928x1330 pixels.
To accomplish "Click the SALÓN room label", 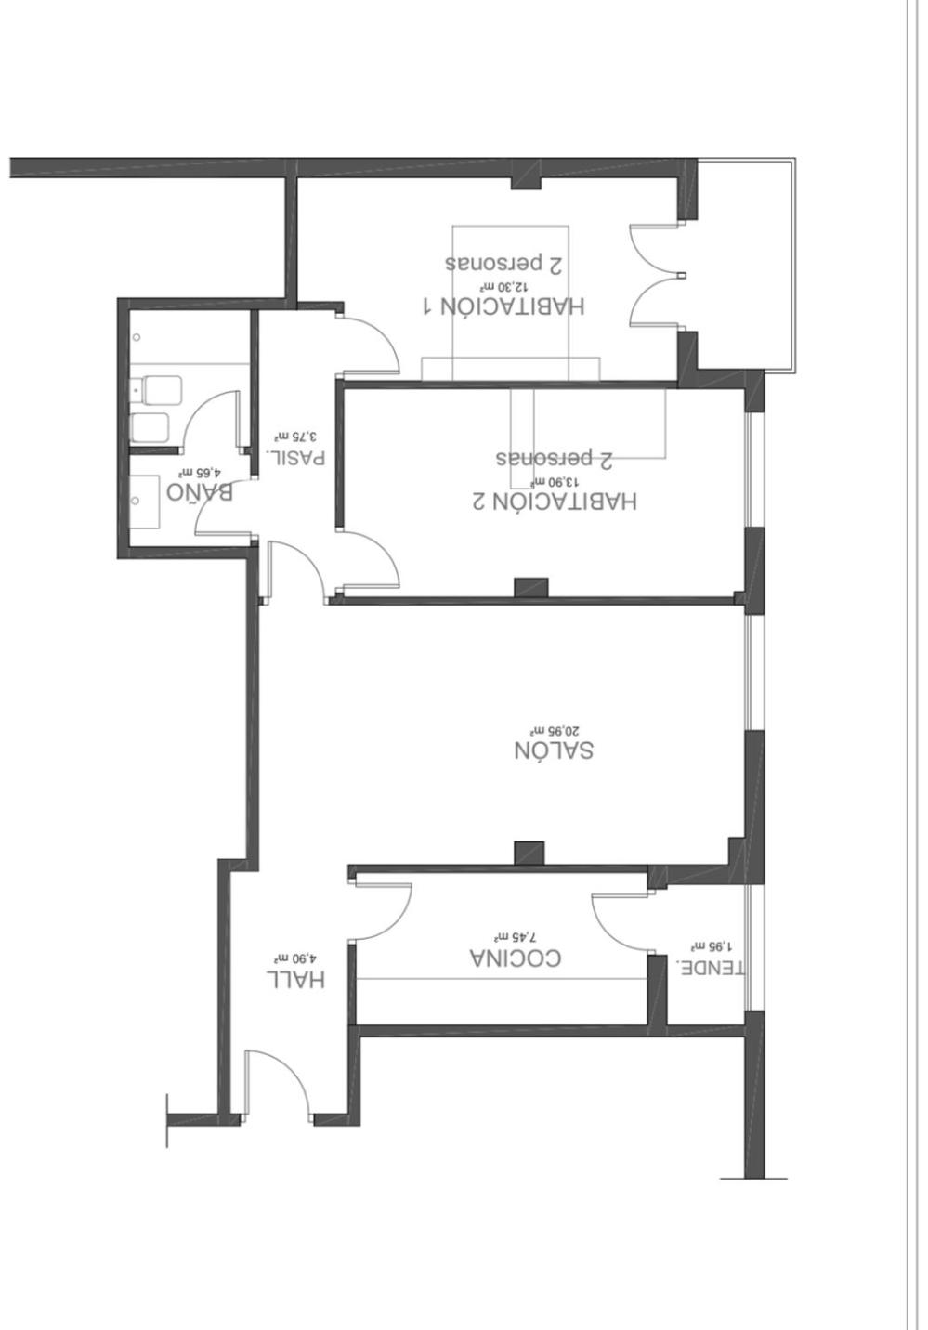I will click(554, 750).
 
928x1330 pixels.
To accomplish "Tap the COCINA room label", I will click(516, 958).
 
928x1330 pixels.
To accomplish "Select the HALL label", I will click(295, 978).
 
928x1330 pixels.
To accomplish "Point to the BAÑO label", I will click(200, 490).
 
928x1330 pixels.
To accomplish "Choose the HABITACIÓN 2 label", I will click(555, 501).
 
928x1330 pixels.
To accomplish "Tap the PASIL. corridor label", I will click(295, 456).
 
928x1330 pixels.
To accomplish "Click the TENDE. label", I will click(712, 967).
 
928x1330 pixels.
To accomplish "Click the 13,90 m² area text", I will click(555, 481).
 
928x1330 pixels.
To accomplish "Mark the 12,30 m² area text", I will click(503, 287).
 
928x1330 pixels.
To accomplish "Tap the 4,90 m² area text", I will click(294, 958).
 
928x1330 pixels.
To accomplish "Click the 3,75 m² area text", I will click(295, 435).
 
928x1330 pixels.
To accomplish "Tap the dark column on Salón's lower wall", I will click(529, 853).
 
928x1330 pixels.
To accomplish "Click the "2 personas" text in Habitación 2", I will click(555, 458).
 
